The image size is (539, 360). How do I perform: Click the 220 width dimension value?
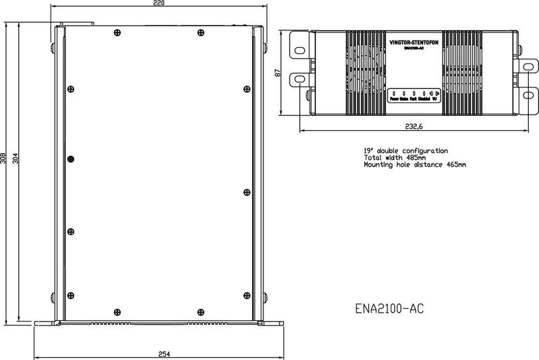click(158, 4)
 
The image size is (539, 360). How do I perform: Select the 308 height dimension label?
click(4, 158)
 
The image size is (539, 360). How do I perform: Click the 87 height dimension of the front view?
click(277, 73)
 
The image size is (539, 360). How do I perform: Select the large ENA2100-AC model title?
click(389, 309)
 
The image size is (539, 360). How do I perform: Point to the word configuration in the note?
click(424, 150)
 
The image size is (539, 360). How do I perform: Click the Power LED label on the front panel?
click(394, 99)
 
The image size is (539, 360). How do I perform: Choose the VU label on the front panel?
click(435, 99)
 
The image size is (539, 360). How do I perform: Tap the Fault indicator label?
click(413, 99)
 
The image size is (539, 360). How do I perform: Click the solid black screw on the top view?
click(69, 158)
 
